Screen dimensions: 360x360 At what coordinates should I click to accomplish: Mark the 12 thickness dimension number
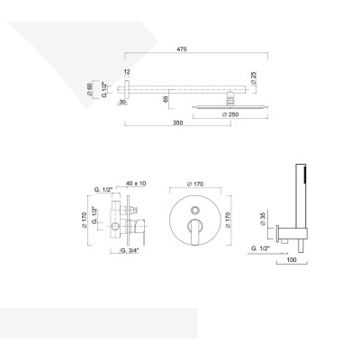126,70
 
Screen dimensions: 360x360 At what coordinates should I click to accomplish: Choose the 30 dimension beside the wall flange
123,102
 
